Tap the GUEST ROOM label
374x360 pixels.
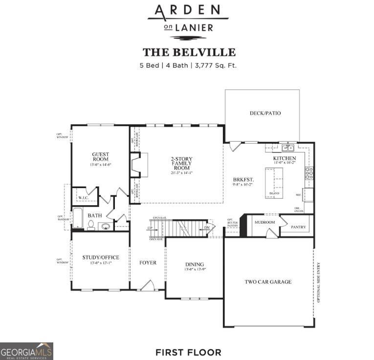pyautogui.click(x=101, y=157)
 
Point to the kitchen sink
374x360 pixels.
pyautogui.click(x=287, y=148)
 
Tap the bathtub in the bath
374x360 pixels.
pyautogui.click(x=78, y=218)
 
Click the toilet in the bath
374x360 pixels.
pyautogui.click(x=91, y=225)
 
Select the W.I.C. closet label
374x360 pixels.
pyautogui.click(x=83, y=198)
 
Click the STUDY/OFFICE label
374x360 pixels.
pyautogui.click(x=101, y=257)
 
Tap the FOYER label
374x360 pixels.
pyautogui.click(x=148, y=263)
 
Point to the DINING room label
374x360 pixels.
pyautogui.click(x=194, y=264)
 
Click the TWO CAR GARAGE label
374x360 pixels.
pyautogui.click(x=268, y=282)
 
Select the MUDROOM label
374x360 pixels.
pyautogui.click(x=264, y=222)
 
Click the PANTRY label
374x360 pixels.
pyautogui.click(x=298, y=227)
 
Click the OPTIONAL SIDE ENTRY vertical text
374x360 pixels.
pyautogui.click(x=319, y=282)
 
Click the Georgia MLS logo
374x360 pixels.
pyautogui.click(x=26, y=351)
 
